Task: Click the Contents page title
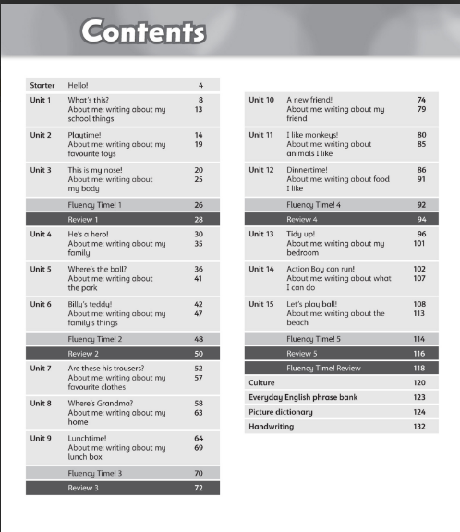[x=143, y=32]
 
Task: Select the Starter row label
[x=42, y=85]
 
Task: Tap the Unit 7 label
[x=41, y=369]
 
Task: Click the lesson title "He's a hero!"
[x=85, y=235]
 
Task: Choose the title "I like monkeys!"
[x=314, y=135]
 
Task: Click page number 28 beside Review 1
[x=199, y=220]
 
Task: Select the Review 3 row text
[x=83, y=488]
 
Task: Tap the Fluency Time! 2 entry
[x=95, y=339]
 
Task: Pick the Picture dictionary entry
[x=281, y=412]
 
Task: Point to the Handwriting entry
[x=272, y=427]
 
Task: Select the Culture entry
[x=262, y=382]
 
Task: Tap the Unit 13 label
[x=261, y=235]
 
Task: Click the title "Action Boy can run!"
[x=319, y=269]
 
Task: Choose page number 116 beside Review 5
[x=419, y=354]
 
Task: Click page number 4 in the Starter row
[x=200, y=85]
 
